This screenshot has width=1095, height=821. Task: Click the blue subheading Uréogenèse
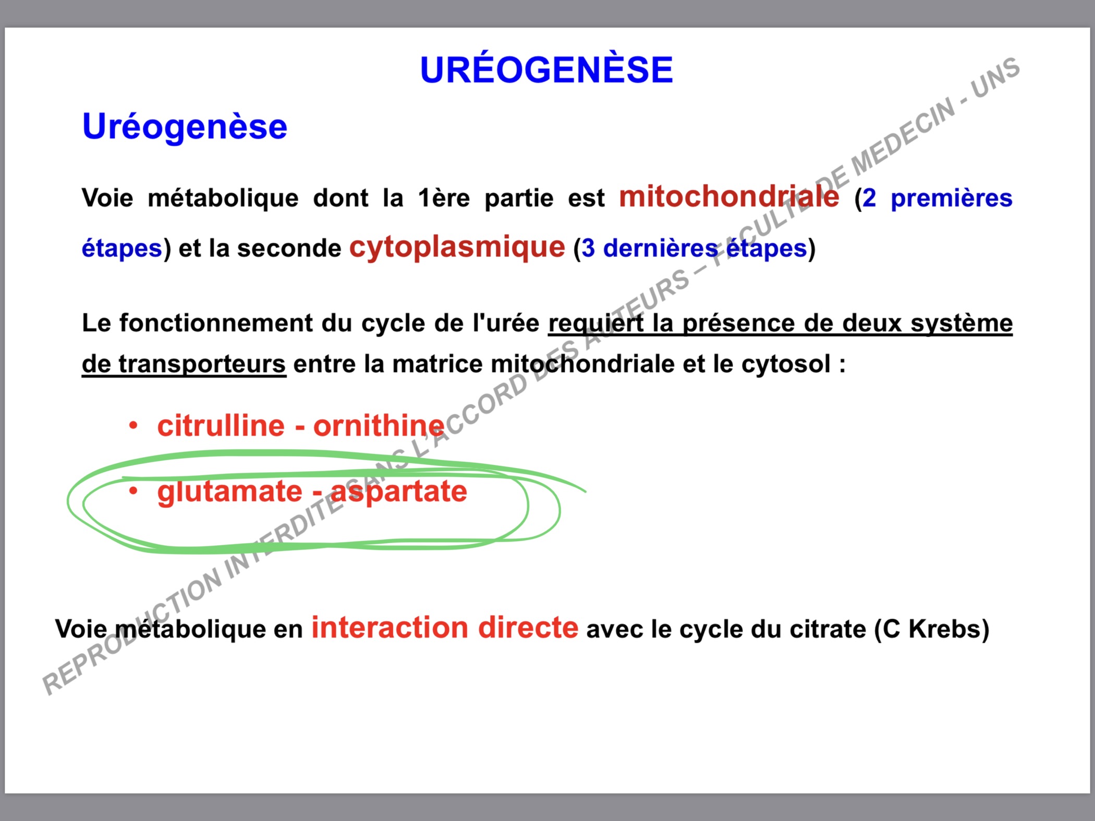click(x=185, y=127)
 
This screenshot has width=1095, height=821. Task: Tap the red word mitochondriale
click(x=729, y=197)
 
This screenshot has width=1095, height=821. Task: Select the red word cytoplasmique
click(x=457, y=248)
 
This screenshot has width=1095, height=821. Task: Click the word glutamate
click(x=229, y=492)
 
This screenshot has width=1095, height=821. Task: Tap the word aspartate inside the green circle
click(x=399, y=492)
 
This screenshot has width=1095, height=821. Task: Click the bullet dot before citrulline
click(x=133, y=426)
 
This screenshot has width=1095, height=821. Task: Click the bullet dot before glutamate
click(x=133, y=491)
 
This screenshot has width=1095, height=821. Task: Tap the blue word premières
click(x=951, y=199)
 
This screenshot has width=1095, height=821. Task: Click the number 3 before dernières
click(x=588, y=249)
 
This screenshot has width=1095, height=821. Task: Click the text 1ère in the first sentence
click(x=444, y=198)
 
